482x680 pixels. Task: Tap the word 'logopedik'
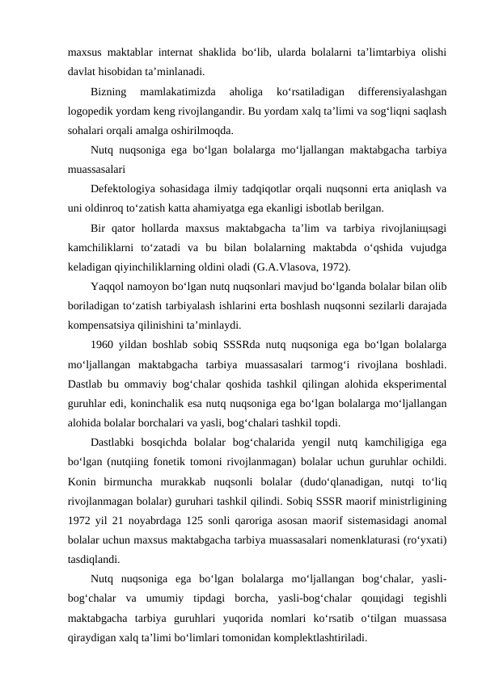(91, 111)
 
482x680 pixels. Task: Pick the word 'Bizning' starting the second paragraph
(110, 91)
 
